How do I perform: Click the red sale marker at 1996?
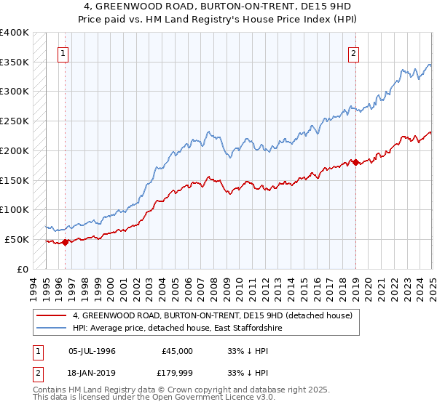click(x=65, y=242)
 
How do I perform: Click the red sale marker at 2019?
click(x=355, y=162)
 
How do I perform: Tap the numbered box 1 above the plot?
click(x=63, y=53)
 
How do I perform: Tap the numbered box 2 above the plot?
click(x=353, y=53)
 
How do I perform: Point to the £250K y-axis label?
click(x=15, y=121)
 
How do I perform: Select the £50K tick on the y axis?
click(x=17, y=239)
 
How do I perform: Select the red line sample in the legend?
click(x=51, y=315)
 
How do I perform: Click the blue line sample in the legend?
click(x=51, y=329)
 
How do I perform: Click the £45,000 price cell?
click(x=177, y=351)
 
